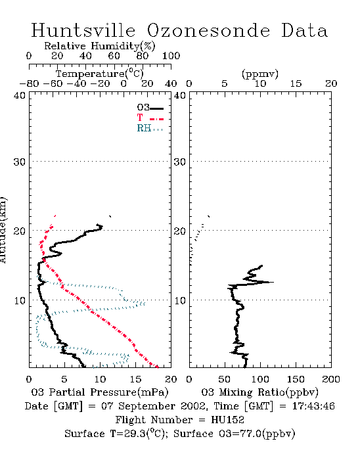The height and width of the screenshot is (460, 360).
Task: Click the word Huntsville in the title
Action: tap(83, 30)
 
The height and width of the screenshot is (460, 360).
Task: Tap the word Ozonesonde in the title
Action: tap(208, 30)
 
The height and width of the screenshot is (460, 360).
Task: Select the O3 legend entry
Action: tap(150, 108)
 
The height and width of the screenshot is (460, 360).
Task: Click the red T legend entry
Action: tap(150, 118)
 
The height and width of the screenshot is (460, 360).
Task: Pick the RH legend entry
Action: tap(150, 128)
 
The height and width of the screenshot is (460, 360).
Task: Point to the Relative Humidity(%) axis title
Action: tap(100, 46)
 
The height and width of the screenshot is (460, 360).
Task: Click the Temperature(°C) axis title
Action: tap(100, 74)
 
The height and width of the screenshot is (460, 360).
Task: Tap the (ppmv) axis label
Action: tap(260, 74)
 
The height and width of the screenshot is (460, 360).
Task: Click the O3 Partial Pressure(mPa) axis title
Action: tap(100, 392)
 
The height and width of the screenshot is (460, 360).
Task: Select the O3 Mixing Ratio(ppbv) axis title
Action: tap(259, 392)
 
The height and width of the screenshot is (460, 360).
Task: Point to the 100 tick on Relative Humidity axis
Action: tap(171, 55)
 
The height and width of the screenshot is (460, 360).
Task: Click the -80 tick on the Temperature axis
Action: tap(29, 83)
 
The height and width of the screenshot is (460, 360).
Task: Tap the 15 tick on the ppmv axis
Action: tap(296, 83)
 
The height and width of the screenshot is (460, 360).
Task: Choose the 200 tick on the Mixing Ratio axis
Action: tap(331, 379)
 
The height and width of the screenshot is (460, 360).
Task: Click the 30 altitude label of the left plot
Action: tap(20, 162)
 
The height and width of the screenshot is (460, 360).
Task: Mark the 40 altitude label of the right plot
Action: tap(180, 95)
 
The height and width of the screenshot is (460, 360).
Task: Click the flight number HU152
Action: tap(227, 419)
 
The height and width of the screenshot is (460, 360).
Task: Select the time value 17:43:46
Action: tap(313, 406)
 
